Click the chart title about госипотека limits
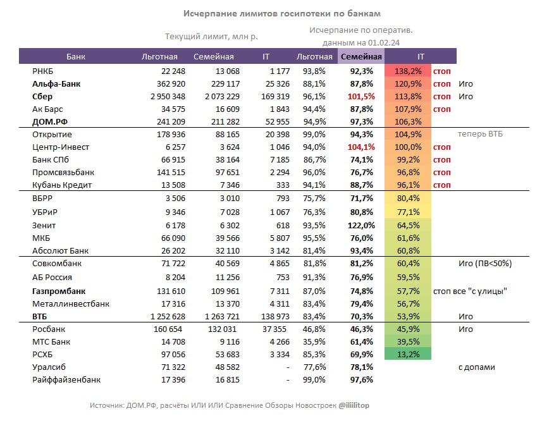click(x=282, y=13)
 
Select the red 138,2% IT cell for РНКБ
click(x=407, y=71)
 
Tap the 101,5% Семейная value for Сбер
click(x=362, y=97)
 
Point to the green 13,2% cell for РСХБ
click(x=407, y=354)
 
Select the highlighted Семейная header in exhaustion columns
click(x=361, y=57)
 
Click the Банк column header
click(x=75, y=57)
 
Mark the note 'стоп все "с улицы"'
click(x=471, y=291)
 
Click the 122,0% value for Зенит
click(x=362, y=225)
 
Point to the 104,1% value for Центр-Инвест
click(x=362, y=147)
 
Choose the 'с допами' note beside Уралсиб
click(x=476, y=367)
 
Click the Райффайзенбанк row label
click(x=66, y=379)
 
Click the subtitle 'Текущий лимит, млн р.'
click(x=211, y=37)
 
